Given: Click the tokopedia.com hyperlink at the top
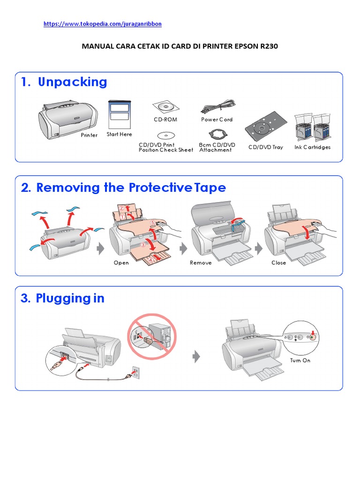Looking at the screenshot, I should (103, 23).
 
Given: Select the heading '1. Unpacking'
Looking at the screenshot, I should (64, 82).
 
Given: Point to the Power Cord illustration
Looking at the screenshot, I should (217, 107).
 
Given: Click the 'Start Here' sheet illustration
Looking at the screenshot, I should (119, 114).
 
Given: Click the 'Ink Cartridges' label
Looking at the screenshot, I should (313, 147).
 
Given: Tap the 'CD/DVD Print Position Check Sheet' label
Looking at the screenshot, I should (165, 148).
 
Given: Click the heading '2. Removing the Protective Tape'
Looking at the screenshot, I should (124, 187).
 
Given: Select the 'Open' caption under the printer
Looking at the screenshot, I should (121, 263).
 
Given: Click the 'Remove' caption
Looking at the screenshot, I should (201, 263).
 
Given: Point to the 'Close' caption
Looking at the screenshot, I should (278, 263).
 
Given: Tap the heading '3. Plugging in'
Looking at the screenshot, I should (63, 299).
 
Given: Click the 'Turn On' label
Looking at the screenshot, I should (300, 360).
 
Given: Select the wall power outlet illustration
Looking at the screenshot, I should (135, 373).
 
